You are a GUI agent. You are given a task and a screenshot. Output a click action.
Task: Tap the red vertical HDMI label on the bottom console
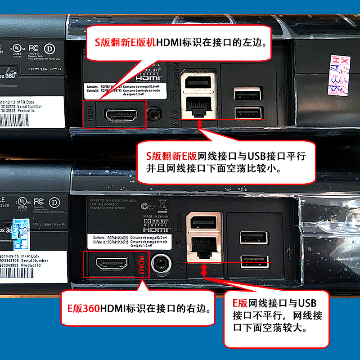tap(141, 264)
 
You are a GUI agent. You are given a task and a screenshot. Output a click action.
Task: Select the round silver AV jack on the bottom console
tap(160, 265)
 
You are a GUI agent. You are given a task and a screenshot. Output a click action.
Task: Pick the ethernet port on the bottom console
tap(202, 246)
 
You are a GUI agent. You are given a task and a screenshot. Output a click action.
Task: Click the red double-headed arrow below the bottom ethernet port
tap(204, 270)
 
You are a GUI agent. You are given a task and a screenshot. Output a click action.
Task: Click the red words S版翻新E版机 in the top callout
tap(124, 43)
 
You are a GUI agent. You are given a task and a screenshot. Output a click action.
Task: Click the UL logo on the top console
tap(16, 48)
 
